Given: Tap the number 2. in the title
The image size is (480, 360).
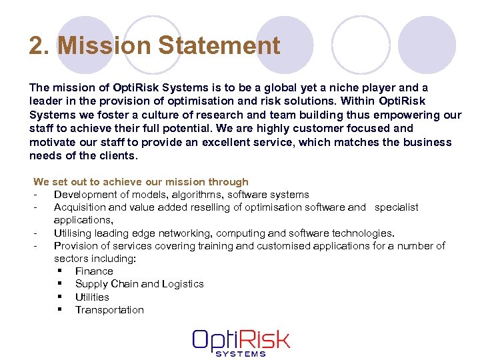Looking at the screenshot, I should (39, 46).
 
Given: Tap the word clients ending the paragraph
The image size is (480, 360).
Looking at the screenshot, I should (117, 156).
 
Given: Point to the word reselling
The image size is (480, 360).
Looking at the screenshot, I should (193, 207).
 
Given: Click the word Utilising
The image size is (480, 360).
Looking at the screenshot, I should (73, 233).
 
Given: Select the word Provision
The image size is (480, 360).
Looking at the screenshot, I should (77, 246).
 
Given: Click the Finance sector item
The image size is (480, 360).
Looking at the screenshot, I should (94, 271).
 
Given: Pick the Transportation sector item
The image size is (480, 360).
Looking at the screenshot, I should (109, 310).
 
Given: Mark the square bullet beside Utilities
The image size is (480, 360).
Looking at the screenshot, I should (60, 297).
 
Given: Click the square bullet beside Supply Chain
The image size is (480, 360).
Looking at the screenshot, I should (60, 284).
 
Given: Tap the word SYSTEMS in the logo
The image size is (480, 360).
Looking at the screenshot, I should (241, 353).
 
